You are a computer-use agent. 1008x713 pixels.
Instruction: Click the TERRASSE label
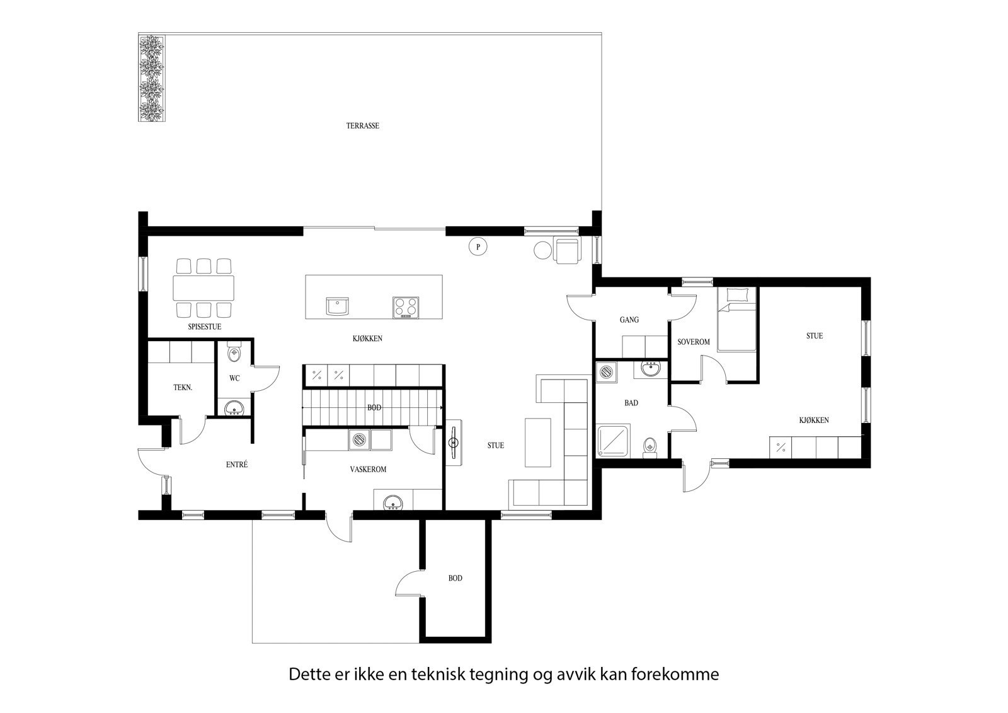coord(362,125)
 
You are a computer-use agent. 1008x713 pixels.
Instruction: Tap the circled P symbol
coord(478,246)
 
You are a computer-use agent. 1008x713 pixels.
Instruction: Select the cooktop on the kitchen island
coord(406,307)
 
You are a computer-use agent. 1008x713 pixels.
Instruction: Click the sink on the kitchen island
coord(338,306)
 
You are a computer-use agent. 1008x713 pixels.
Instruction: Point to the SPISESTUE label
coord(204,327)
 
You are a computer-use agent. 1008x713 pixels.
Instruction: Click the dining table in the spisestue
coord(203,287)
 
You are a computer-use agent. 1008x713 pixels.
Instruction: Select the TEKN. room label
coord(183,388)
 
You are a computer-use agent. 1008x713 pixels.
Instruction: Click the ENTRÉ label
coord(237,465)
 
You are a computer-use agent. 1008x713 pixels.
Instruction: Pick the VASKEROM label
coord(368,469)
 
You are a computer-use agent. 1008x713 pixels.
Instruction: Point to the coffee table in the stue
coord(537,443)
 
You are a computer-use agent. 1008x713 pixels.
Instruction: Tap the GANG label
coord(629,320)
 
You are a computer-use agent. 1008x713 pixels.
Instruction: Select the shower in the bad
coord(611,439)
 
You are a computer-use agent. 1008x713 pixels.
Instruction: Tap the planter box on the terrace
coord(152,79)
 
